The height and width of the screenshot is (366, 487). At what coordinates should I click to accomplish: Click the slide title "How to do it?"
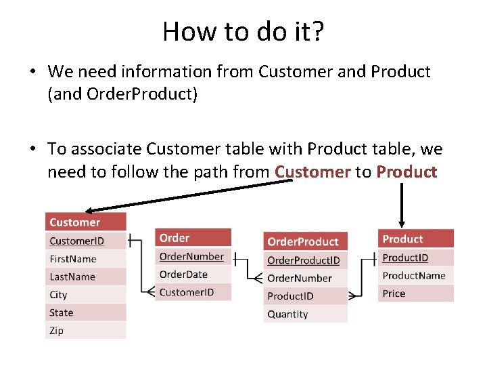pyautogui.click(x=243, y=31)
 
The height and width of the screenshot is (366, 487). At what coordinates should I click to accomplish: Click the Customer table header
pyautogui.click(x=86, y=222)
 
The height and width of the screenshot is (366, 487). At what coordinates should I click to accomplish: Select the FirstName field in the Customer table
pyautogui.click(x=86, y=259)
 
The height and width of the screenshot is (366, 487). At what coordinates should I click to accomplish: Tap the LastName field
pyautogui.click(x=86, y=277)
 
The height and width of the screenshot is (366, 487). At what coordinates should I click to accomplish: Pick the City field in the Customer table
pyautogui.click(x=86, y=295)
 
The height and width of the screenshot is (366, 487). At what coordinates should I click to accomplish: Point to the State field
pyautogui.click(x=86, y=312)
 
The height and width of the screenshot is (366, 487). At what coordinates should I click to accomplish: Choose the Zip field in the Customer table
pyautogui.click(x=86, y=331)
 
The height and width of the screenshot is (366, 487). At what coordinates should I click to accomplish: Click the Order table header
pyautogui.click(x=193, y=238)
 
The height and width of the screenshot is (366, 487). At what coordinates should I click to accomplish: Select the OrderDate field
pyautogui.click(x=193, y=274)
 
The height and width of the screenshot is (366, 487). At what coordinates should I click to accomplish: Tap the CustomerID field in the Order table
pyautogui.click(x=193, y=292)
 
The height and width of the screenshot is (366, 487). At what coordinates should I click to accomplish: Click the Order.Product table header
pyautogui.click(x=304, y=241)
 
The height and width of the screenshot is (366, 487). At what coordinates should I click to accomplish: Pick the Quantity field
pyautogui.click(x=304, y=314)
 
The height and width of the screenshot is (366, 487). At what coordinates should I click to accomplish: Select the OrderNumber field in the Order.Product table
pyautogui.click(x=304, y=278)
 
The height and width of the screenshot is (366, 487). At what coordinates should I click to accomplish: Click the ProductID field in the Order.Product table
pyautogui.click(x=304, y=296)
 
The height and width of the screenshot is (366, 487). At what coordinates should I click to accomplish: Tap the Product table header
pyautogui.click(x=415, y=239)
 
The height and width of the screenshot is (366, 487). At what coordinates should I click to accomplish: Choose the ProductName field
pyautogui.click(x=415, y=275)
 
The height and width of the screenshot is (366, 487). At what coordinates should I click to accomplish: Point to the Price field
pyautogui.click(x=415, y=293)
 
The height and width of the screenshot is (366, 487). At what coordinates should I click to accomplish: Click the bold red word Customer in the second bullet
pyautogui.click(x=312, y=171)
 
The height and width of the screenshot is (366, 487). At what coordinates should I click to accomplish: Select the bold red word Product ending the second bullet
pyautogui.click(x=407, y=171)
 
